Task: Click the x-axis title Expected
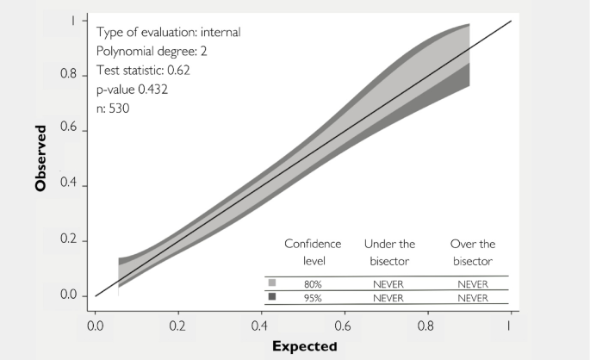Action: (x=304, y=346)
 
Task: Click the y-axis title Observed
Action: (x=40, y=159)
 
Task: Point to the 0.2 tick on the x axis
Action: (x=178, y=327)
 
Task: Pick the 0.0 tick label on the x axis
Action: (x=96, y=327)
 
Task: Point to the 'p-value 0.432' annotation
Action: (x=134, y=90)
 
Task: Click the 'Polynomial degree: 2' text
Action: (x=150, y=53)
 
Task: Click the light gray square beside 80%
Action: (x=273, y=282)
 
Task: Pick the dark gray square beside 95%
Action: (x=273, y=297)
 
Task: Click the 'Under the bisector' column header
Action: (x=393, y=252)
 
